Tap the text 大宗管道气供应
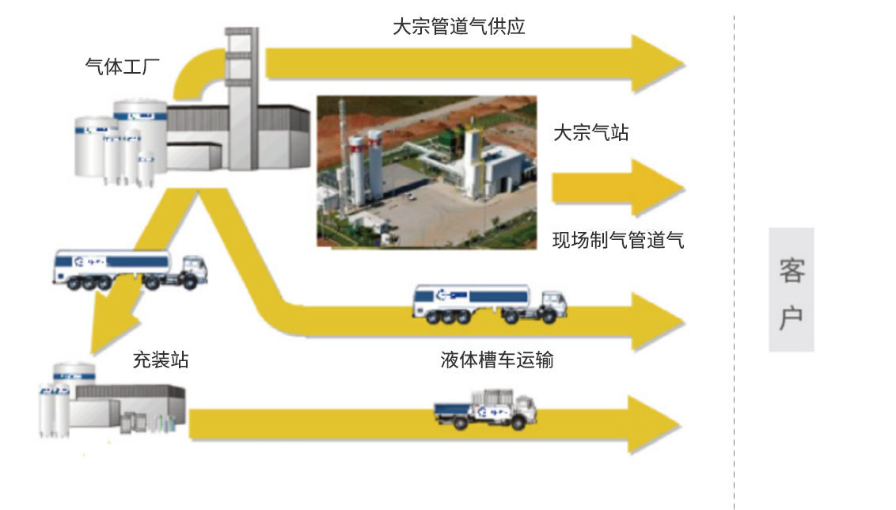pos(459,27)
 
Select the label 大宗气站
pos(590,132)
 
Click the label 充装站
pos(161,360)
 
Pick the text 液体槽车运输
pos(496,360)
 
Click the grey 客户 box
pos(791,289)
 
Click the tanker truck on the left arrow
pos(127,269)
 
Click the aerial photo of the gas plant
pos(426,171)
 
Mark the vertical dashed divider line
pos(734,253)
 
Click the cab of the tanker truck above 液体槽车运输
pos(552,306)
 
